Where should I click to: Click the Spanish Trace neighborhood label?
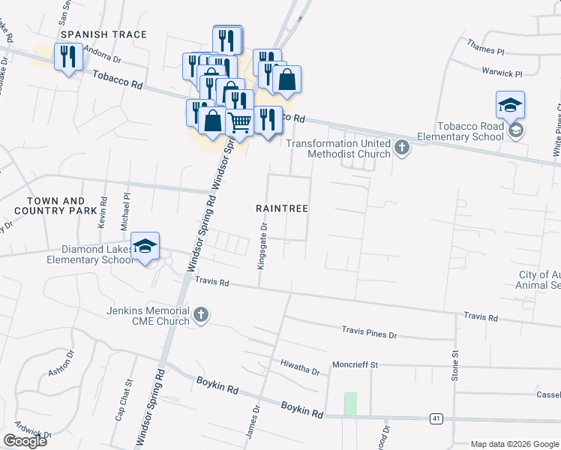coord(103,34)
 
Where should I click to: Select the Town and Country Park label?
coord(55,206)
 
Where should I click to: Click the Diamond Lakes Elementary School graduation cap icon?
coord(145,245)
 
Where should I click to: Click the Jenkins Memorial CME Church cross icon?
coord(200,316)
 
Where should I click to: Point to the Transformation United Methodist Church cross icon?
coord(402,147)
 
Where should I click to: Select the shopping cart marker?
coord(239,121)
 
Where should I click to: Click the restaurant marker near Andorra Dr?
coord(68,56)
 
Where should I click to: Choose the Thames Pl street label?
coord(485,50)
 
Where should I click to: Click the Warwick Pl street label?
coord(502,73)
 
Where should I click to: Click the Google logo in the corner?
coord(25,441)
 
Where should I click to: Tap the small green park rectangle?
coord(350,403)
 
